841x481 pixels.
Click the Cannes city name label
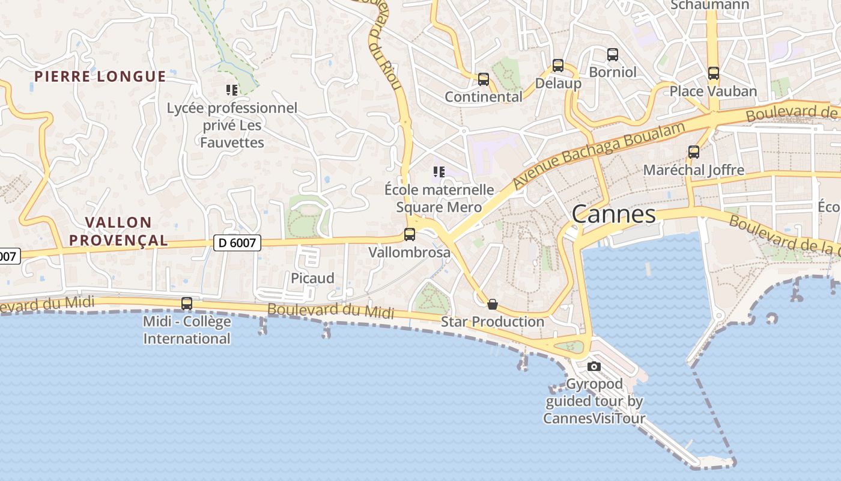click(613, 215)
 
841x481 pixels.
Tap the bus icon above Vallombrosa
click(410, 234)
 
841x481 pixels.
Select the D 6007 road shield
click(237, 243)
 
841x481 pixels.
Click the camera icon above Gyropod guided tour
click(594, 366)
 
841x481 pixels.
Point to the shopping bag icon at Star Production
click(493, 304)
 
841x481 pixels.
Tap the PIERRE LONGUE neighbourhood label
click(100, 76)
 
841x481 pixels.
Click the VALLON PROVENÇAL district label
click(118, 231)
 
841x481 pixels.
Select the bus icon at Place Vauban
click(713, 73)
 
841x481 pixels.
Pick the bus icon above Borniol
click(613, 55)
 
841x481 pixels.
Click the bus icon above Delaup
click(558, 66)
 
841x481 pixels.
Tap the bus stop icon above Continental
click(484, 79)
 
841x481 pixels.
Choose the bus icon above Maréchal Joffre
click(694, 152)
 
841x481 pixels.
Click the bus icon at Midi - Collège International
click(187, 304)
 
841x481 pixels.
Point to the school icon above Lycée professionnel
click(232, 90)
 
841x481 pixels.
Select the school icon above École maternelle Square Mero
click(439, 172)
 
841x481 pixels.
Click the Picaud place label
click(312, 278)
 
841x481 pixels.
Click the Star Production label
click(493, 322)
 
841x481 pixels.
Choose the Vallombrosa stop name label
click(409, 252)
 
